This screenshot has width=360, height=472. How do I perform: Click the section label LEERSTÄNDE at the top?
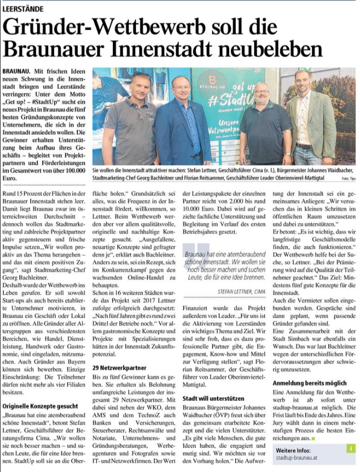pos(23,9)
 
